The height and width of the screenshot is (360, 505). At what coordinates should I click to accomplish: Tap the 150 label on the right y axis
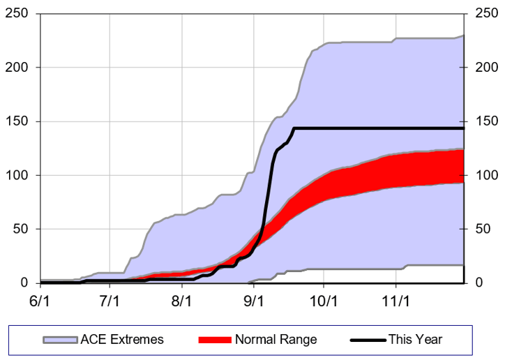pyautogui.click(x=485, y=121)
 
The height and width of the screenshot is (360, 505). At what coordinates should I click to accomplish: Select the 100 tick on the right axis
pyautogui.click(x=485, y=175)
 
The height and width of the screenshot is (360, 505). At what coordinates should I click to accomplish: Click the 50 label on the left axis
pyautogui.click(x=22, y=229)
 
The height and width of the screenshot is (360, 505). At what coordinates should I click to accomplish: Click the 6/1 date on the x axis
pyautogui.click(x=40, y=302)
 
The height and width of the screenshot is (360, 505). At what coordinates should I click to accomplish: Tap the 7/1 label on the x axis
pyautogui.click(x=111, y=302)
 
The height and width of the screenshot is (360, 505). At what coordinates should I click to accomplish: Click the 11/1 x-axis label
pyautogui.click(x=395, y=302)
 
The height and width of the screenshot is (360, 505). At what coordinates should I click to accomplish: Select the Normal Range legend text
pyautogui.click(x=276, y=340)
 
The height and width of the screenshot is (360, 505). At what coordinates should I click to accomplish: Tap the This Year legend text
pyautogui.click(x=415, y=340)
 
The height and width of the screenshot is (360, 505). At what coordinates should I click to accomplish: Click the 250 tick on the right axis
pyautogui.click(x=485, y=14)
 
